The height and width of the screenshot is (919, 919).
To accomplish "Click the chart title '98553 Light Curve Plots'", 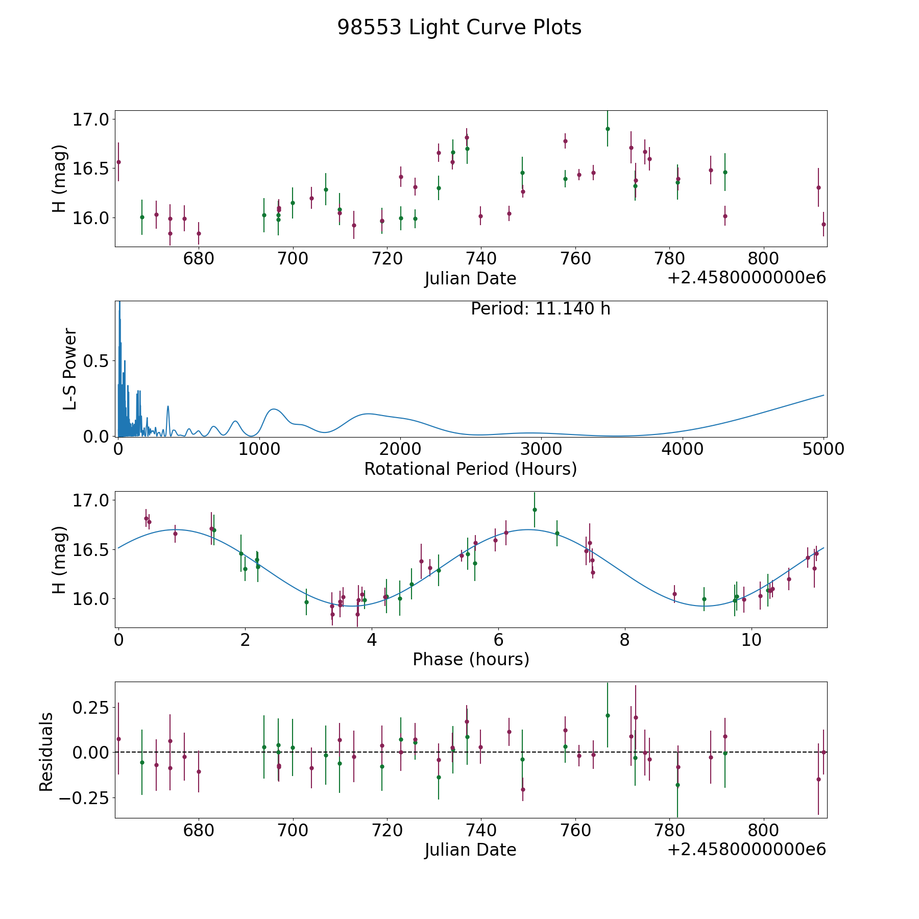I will (459, 28).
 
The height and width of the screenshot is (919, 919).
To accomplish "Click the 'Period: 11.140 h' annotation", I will (540, 309).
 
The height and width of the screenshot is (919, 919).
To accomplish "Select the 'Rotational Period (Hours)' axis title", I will (470, 469).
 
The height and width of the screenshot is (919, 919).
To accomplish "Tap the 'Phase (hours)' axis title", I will (471, 659).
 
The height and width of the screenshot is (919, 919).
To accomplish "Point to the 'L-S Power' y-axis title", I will (70, 369).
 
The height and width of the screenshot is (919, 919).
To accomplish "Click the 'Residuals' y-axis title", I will (46, 752).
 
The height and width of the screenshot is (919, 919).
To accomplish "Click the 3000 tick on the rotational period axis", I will (541, 449).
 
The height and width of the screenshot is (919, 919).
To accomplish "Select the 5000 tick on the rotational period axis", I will (823, 449).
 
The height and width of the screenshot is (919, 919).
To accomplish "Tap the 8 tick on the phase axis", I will (624, 640).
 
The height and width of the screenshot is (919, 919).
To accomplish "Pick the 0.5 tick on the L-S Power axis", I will (97, 361).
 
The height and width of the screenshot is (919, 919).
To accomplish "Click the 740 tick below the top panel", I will (481, 259).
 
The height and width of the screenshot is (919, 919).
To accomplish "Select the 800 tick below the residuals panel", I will (763, 830).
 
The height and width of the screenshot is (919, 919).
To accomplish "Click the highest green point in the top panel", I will (608, 129).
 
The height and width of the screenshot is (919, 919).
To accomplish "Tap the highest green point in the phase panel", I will (535, 510).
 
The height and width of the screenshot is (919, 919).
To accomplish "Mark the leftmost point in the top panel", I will (118, 162).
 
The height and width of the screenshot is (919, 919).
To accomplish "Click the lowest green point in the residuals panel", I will (678, 785).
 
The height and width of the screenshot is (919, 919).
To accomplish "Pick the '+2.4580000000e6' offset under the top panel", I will (746, 278).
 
